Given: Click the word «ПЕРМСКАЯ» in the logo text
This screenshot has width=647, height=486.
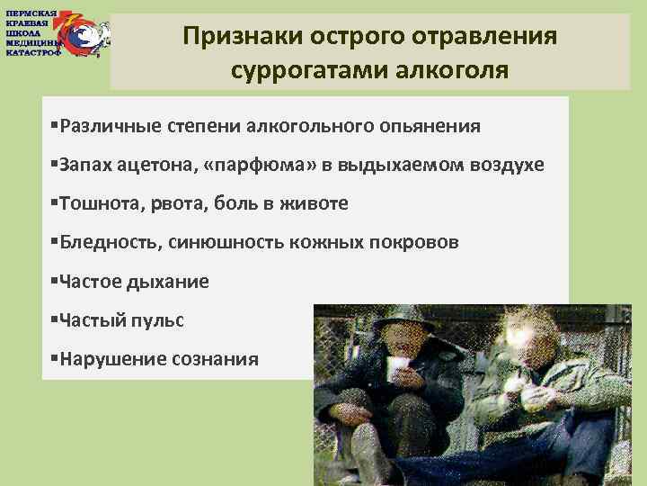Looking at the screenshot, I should pyautogui.click(x=31, y=13).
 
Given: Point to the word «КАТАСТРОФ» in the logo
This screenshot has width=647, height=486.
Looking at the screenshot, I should pyautogui.click(x=32, y=52).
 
